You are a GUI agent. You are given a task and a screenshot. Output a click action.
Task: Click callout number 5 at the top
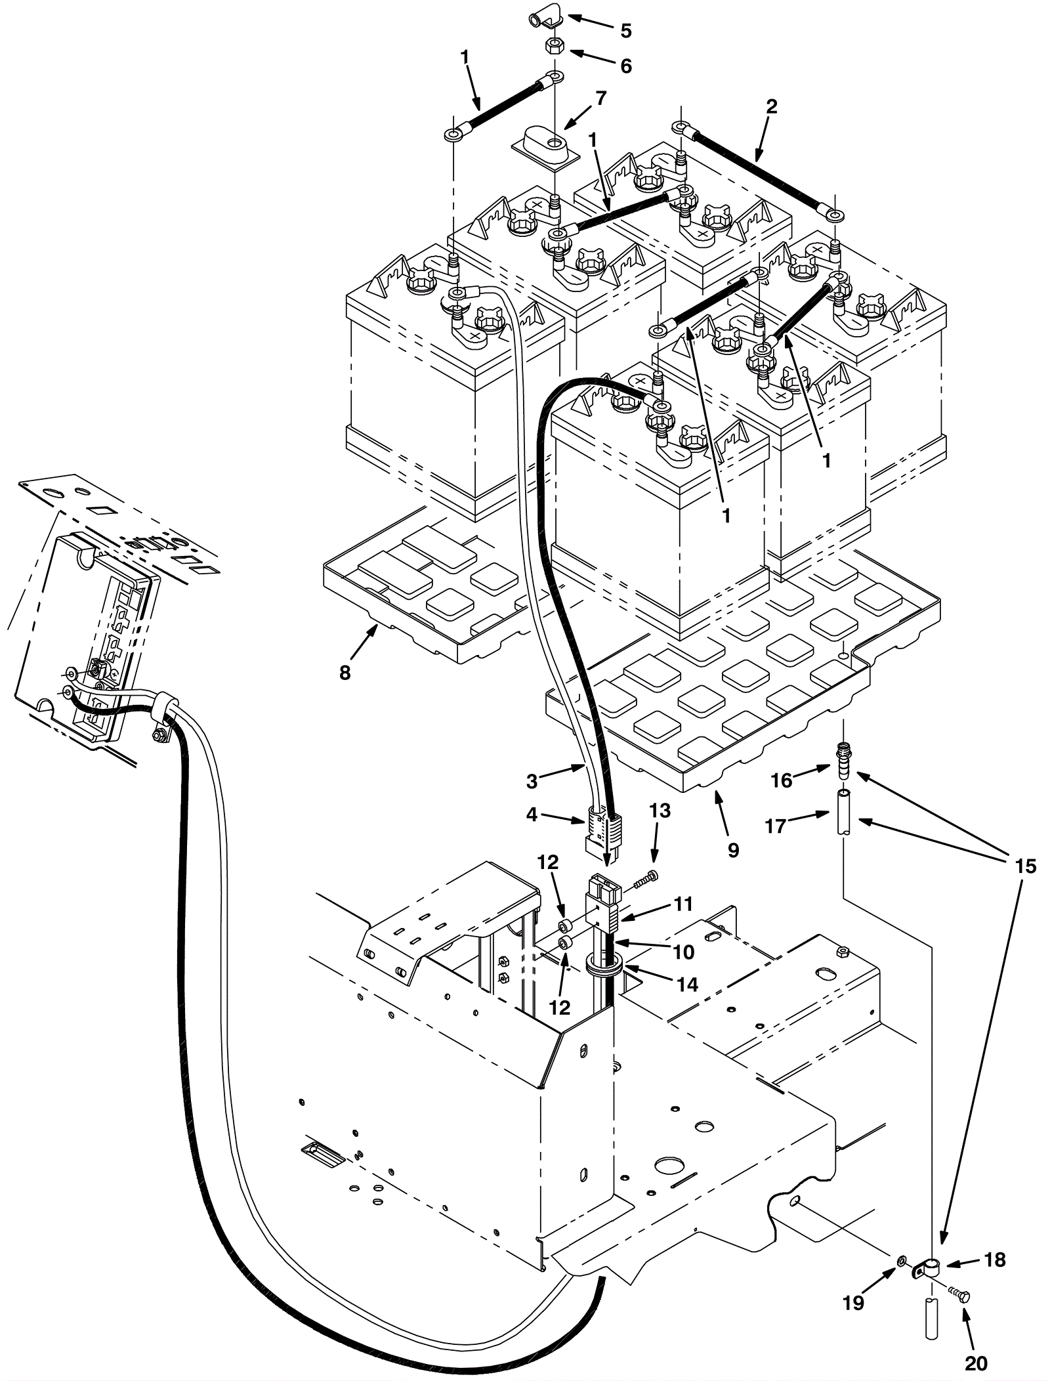[626, 30]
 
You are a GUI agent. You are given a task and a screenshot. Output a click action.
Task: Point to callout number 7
[600, 98]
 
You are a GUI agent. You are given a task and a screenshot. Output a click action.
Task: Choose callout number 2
[772, 106]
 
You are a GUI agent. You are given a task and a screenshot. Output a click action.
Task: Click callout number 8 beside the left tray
[345, 672]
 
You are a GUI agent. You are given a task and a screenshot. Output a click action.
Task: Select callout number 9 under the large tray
[733, 850]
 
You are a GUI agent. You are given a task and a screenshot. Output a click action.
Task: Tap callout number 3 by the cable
[532, 781]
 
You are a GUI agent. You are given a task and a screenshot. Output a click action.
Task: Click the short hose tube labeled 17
[843, 813]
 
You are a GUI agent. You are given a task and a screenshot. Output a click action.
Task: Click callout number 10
[683, 951]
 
